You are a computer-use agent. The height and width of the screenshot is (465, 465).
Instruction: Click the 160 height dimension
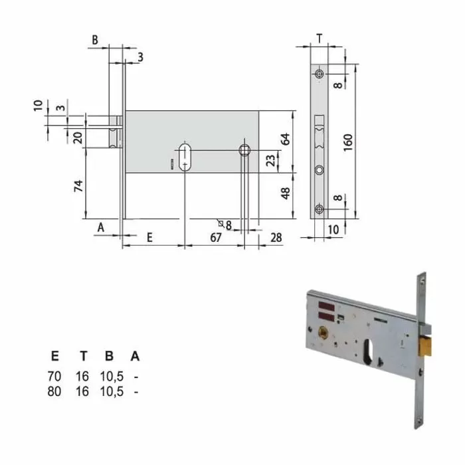click(x=349, y=141)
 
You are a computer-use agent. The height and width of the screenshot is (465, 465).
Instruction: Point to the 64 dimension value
click(x=286, y=138)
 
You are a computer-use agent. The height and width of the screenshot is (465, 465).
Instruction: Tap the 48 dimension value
click(x=286, y=193)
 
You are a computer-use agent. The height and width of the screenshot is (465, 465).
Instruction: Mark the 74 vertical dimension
click(x=78, y=186)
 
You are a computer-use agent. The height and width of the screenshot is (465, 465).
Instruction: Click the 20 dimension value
click(x=78, y=138)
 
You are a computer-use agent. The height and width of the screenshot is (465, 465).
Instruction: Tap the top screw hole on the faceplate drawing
click(x=320, y=73)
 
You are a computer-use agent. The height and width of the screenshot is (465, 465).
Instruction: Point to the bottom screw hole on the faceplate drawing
click(x=320, y=211)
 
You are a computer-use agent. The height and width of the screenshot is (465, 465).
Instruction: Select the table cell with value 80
click(x=54, y=391)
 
